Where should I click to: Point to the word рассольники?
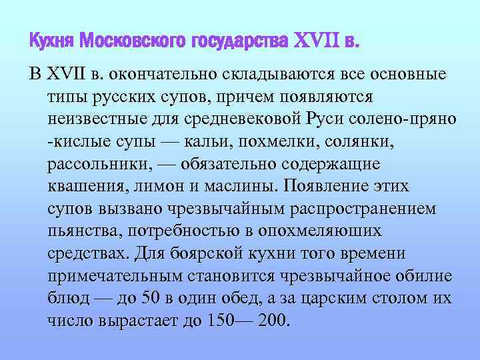click(x=94, y=163)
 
